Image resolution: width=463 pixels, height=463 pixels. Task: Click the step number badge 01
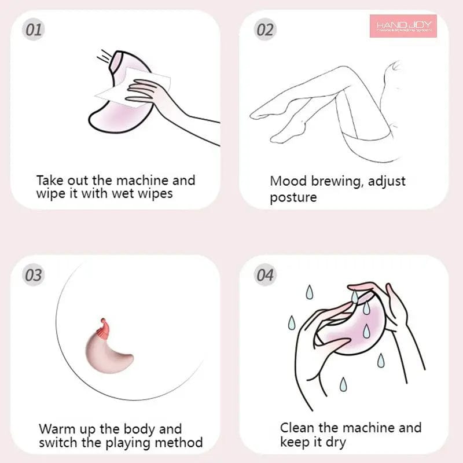34,30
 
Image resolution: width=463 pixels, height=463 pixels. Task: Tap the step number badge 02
264,30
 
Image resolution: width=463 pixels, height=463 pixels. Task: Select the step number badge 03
34,274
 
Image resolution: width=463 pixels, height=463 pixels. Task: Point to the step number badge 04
264,274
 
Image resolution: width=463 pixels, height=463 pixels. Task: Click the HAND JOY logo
403,26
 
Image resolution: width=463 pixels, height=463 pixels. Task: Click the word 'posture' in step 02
293,197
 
